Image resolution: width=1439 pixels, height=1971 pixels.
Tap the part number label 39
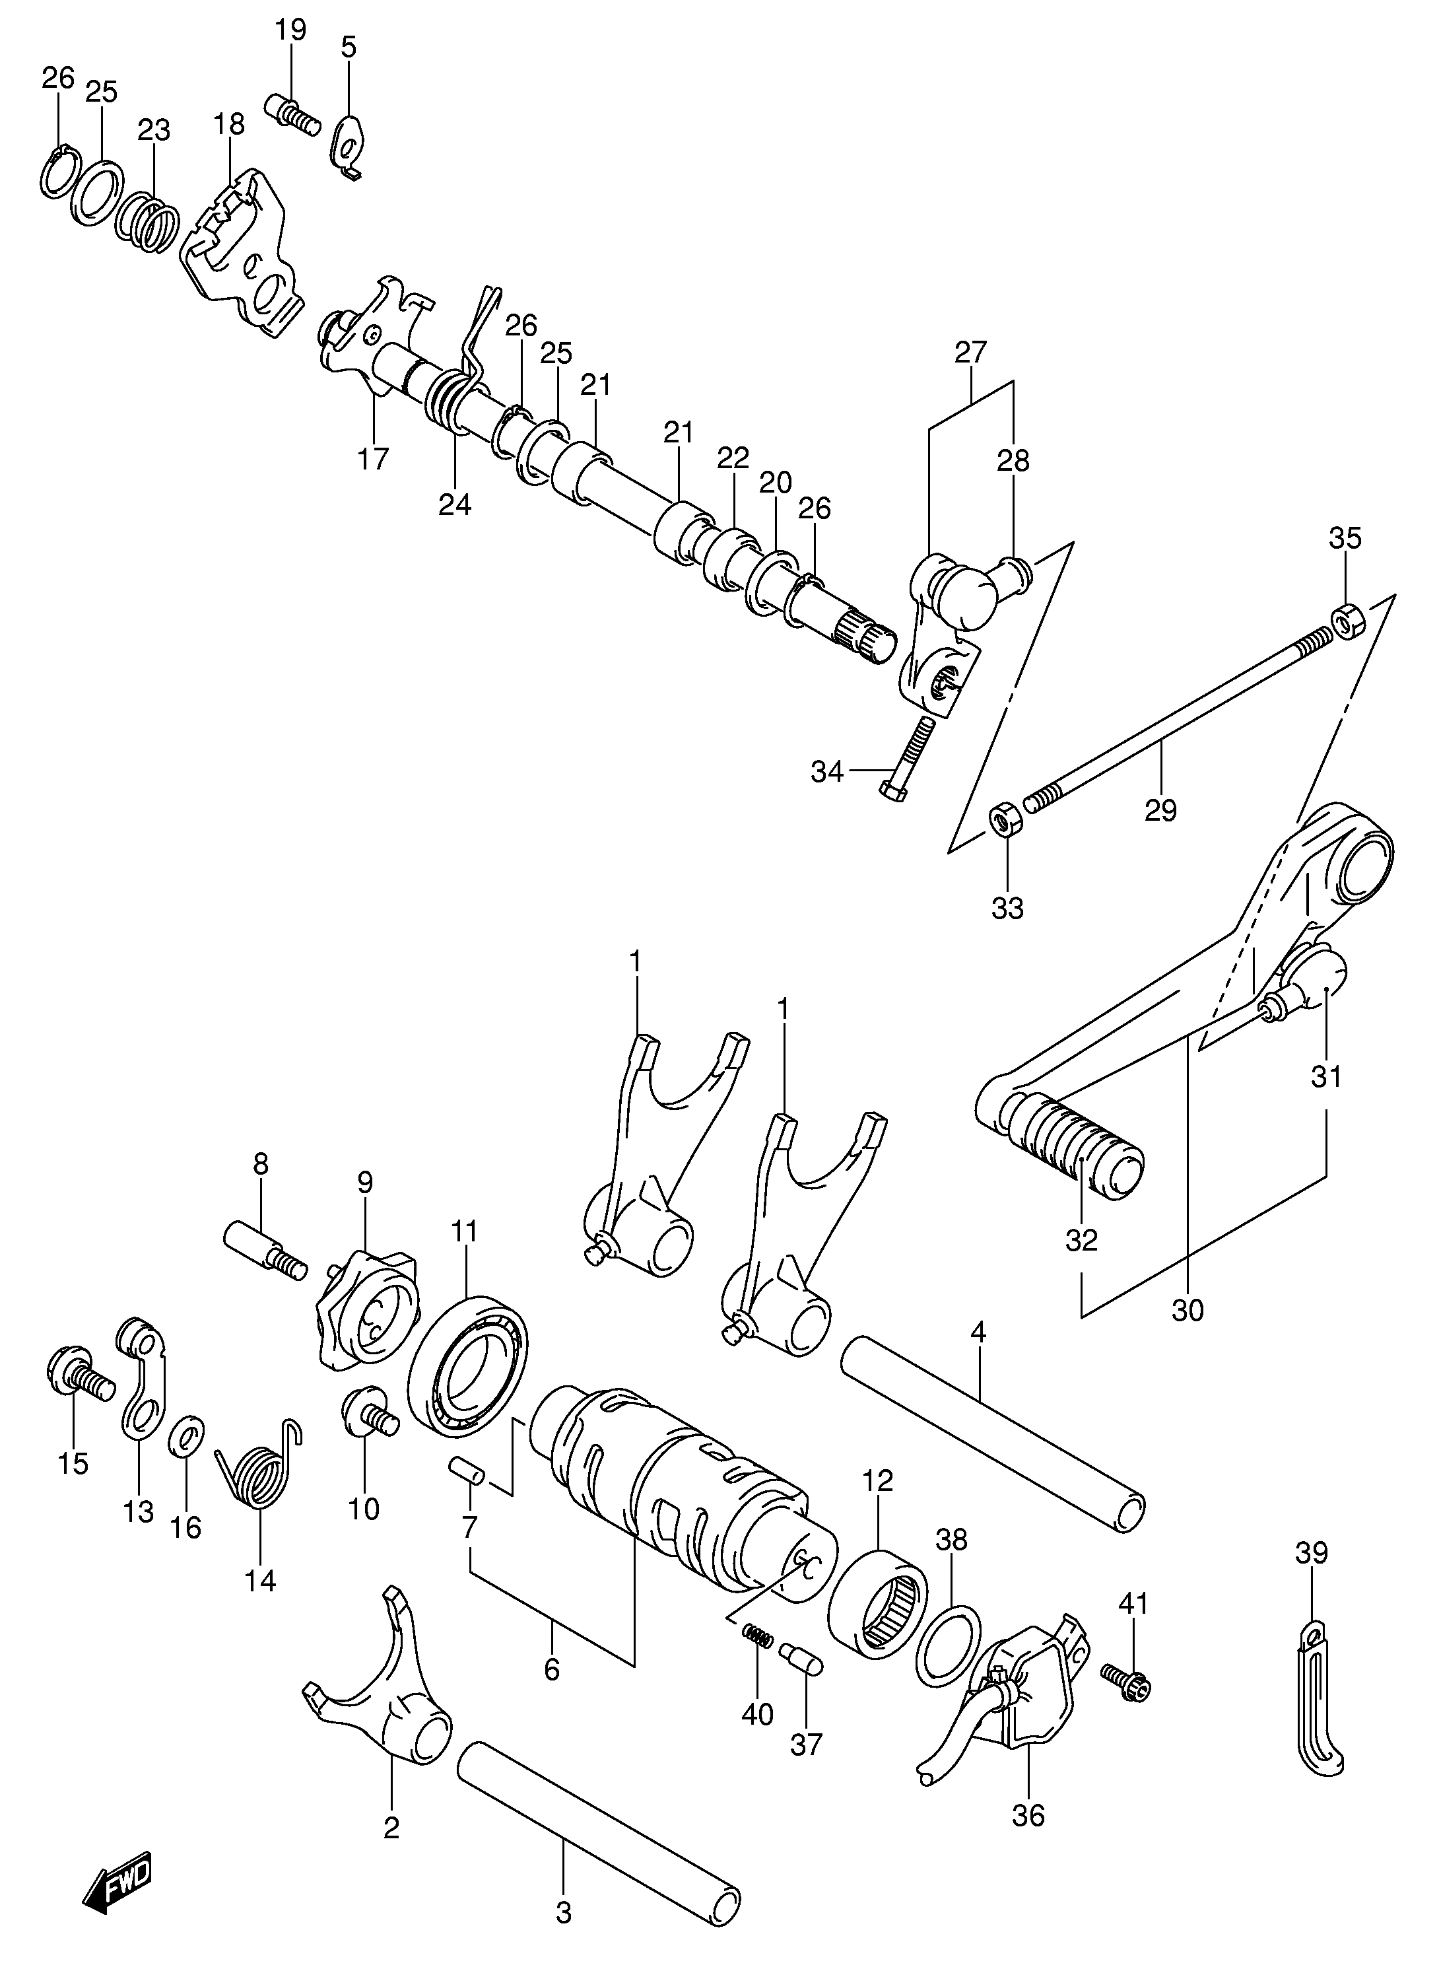pyautogui.click(x=1312, y=1552)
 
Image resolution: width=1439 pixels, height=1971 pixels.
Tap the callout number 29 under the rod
pyautogui.click(x=1160, y=810)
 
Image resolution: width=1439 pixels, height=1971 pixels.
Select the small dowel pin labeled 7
pyautogui.click(x=466, y=1472)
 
